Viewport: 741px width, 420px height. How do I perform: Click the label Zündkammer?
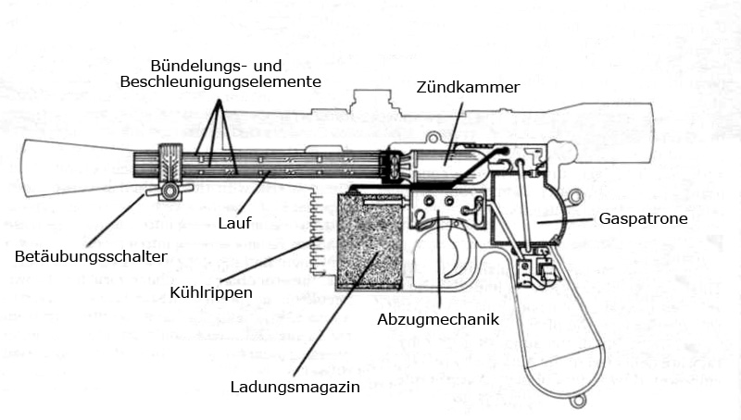[468, 87]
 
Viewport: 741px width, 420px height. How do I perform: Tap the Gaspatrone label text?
[643, 219]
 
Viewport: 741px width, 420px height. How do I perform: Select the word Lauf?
[234, 223]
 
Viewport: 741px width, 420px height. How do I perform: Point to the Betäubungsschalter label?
[91, 257]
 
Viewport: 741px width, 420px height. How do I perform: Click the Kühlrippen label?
[211, 292]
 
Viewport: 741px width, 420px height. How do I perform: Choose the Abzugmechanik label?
[438, 319]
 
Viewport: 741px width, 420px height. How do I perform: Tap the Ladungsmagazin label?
[295, 388]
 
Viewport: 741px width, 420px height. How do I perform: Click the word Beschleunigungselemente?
[220, 81]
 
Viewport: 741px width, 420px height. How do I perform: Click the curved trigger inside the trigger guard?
[458, 250]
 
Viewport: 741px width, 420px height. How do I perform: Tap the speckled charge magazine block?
[370, 241]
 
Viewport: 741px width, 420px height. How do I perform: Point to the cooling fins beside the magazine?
[318, 233]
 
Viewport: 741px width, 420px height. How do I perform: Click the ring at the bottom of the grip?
[577, 401]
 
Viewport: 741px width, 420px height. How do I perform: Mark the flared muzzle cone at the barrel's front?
[78, 167]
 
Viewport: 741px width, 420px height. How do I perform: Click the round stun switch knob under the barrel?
[170, 191]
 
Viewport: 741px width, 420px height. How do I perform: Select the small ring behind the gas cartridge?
[576, 195]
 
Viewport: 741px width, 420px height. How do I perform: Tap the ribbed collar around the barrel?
[170, 163]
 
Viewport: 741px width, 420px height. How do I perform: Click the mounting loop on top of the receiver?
[433, 138]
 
